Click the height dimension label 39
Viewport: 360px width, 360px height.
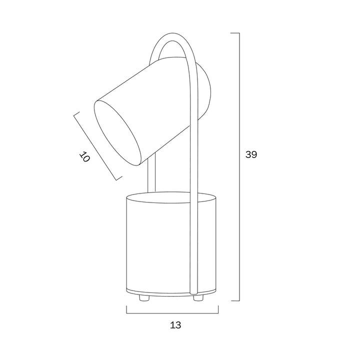point(251,154)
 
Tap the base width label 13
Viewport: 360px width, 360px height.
point(175,325)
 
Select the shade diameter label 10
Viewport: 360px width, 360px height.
point(84,157)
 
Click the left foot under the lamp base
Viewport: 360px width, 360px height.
point(144,298)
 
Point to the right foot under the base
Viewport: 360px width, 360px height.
point(198,298)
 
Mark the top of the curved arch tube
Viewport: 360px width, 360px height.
point(172,33)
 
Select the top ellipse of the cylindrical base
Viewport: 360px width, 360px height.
point(171,197)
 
